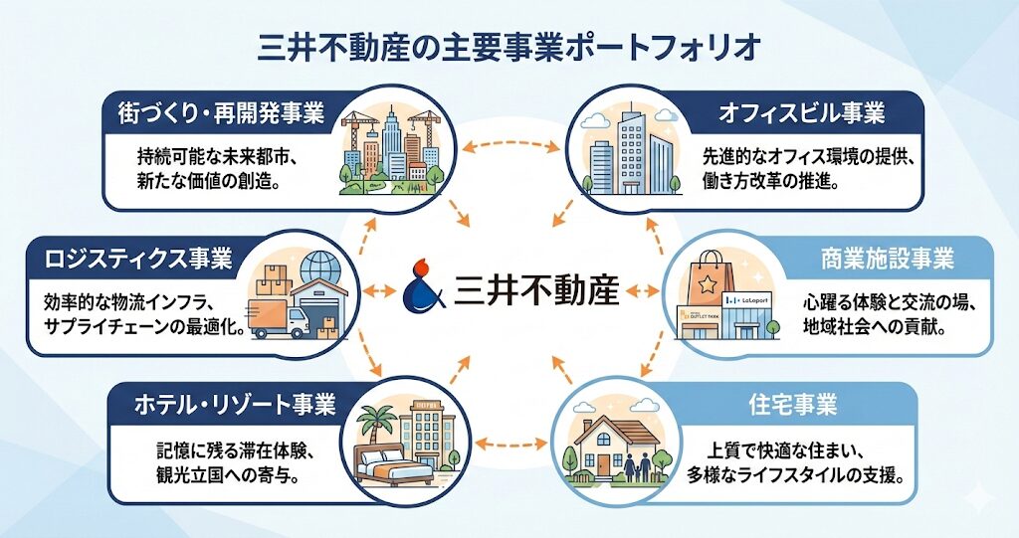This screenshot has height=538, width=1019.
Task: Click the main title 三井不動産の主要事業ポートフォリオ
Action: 509,48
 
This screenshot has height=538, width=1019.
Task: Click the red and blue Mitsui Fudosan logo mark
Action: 421,286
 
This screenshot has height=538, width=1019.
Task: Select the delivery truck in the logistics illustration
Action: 279,318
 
